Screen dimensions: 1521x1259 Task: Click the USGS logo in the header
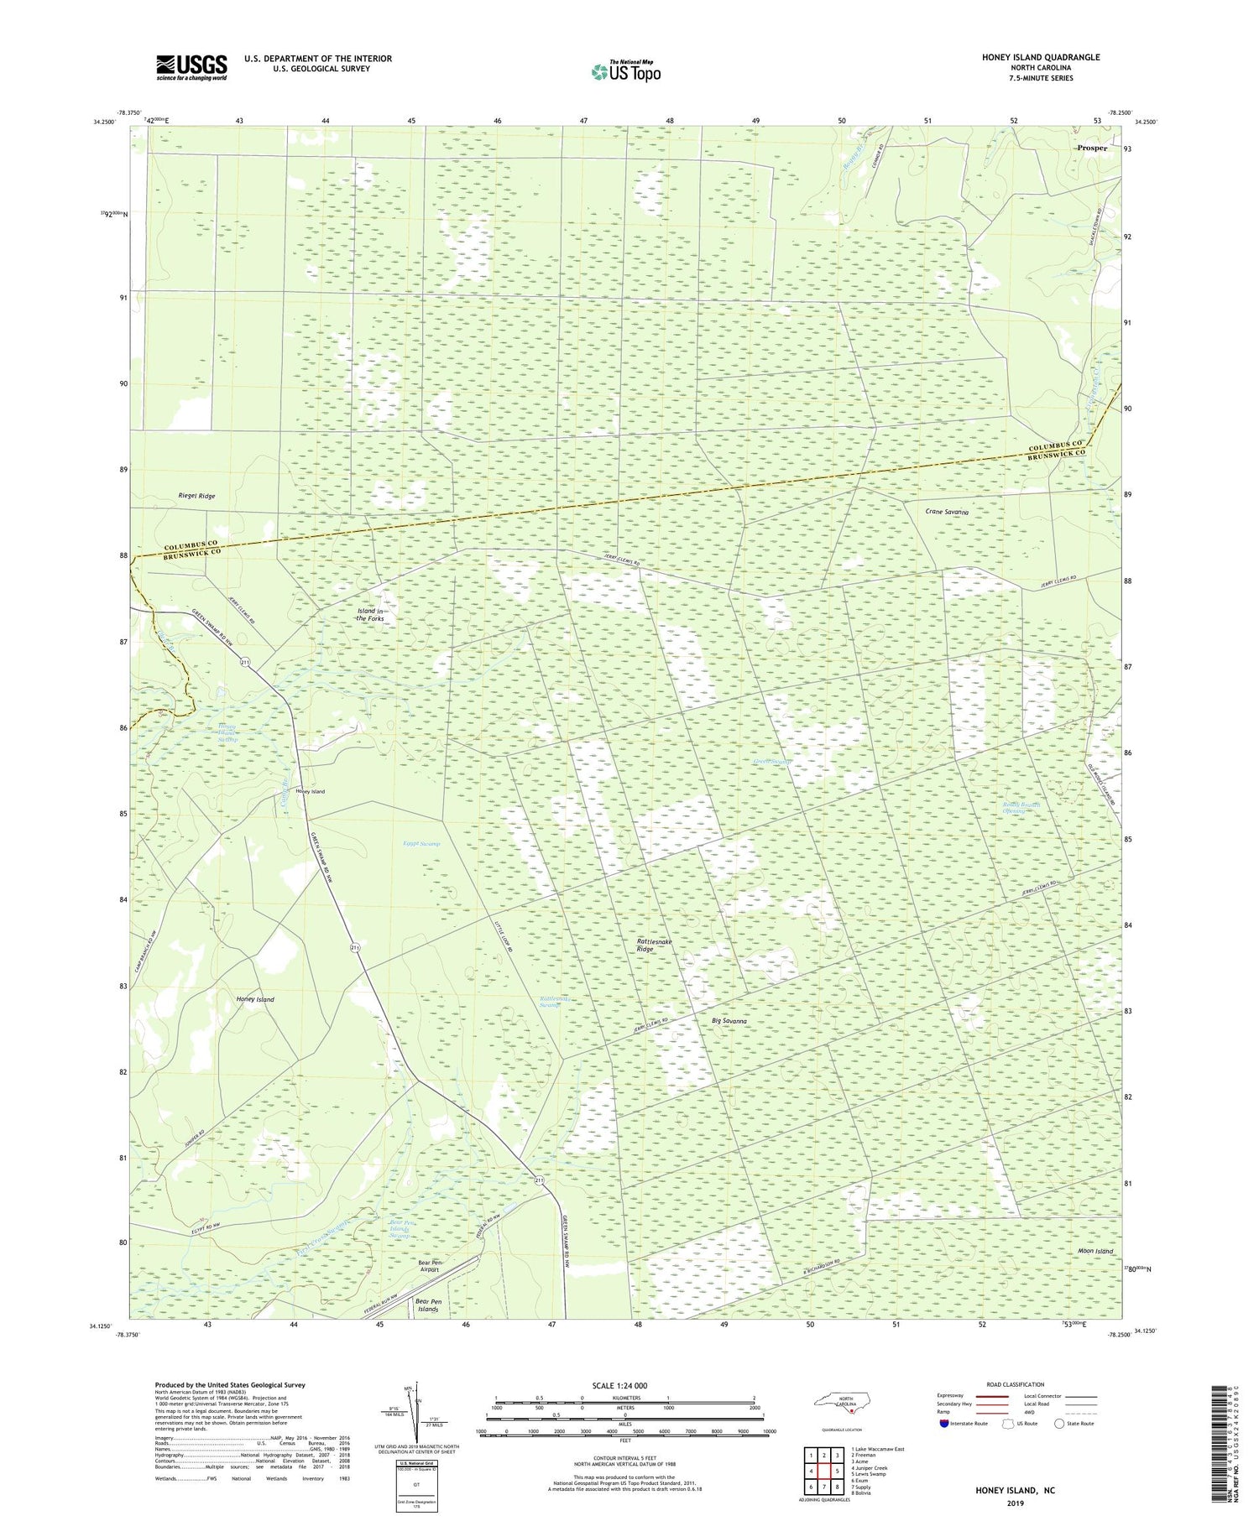coord(191,67)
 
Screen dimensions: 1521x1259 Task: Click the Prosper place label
coord(1092,148)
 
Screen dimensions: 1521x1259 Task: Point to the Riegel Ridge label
coord(196,496)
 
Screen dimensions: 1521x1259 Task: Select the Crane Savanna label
coord(947,511)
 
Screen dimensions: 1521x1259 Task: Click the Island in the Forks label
coord(369,615)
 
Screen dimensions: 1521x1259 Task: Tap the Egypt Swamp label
coord(421,843)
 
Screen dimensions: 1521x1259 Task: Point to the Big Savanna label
coord(729,1021)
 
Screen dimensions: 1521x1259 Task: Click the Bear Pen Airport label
coord(429,1266)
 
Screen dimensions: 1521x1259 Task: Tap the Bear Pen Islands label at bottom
coord(428,1305)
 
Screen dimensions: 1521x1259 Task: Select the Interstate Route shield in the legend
coord(944,1424)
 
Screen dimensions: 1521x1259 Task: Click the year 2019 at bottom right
coord(1014,1503)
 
